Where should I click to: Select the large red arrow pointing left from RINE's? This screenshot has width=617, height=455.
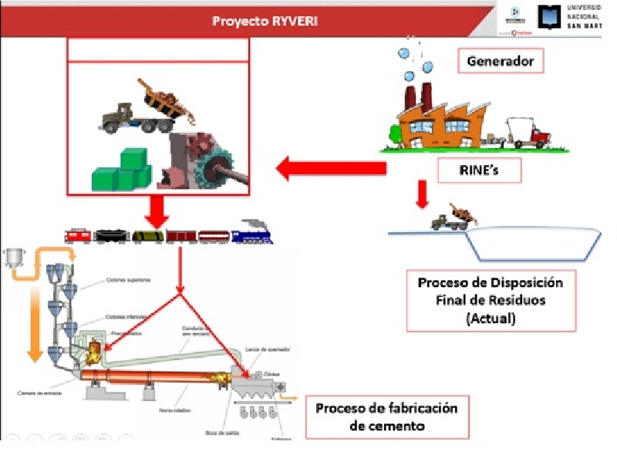tap(332, 167)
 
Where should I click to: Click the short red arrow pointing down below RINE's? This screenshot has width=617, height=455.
tap(421, 194)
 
